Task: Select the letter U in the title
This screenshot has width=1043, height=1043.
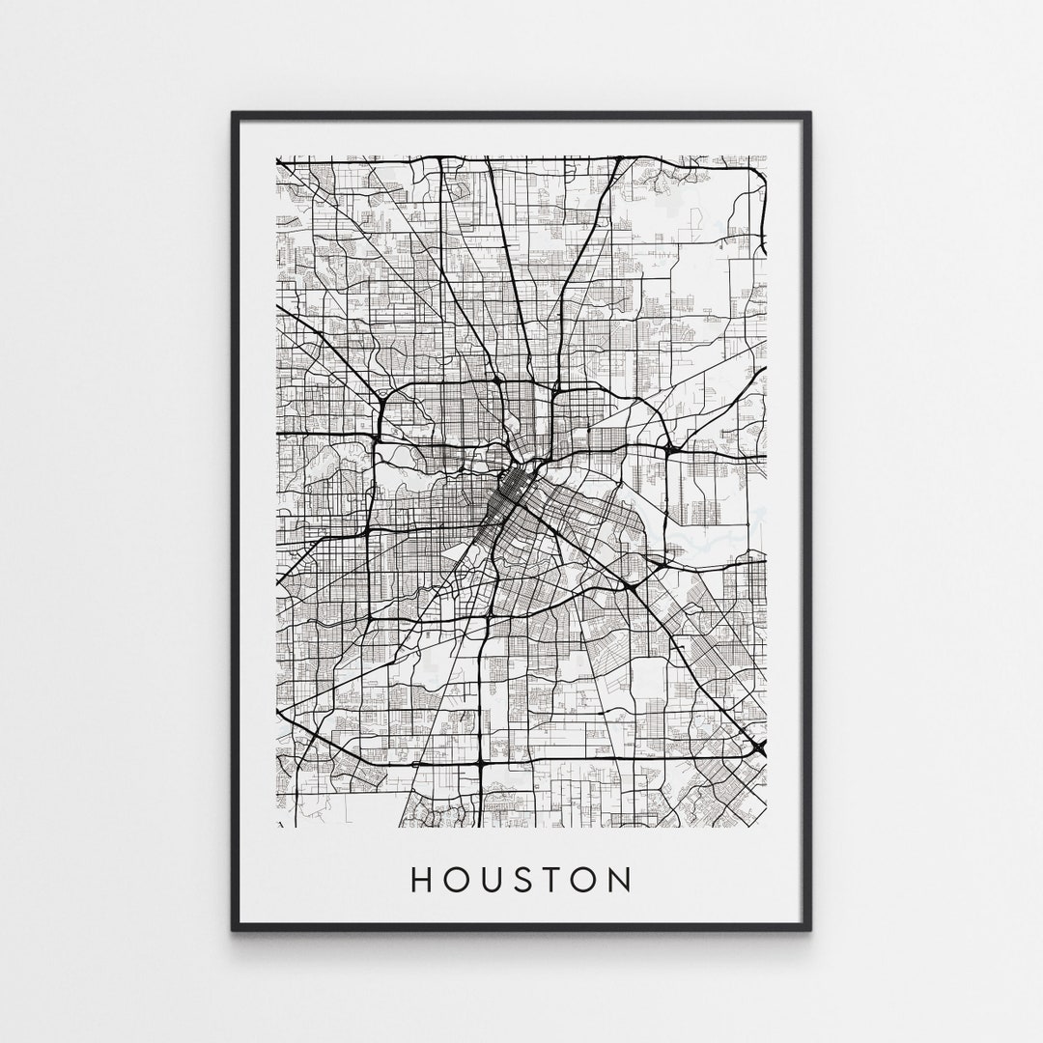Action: pyautogui.click(x=492, y=879)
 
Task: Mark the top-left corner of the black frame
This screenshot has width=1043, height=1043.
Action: pyautogui.click(x=234, y=114)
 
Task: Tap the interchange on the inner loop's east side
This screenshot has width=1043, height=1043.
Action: pyautogui.click(x=667, y=449)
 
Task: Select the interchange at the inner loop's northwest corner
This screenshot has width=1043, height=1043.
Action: pyautogui.click(x=383, y=395)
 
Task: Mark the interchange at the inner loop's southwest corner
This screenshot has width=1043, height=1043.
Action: pyautogui.click(x=370, y=614)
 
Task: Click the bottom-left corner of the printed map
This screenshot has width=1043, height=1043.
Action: pyautogui.click(x=277, y=827)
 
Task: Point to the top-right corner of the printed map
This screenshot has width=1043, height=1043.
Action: pyautogui.click(x=766, y=156)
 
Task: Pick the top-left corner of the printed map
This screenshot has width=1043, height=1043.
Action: pyautogui.click(x=277, y=156)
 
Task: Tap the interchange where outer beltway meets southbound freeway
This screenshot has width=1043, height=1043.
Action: pyautogui.click(x=480, y=763)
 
